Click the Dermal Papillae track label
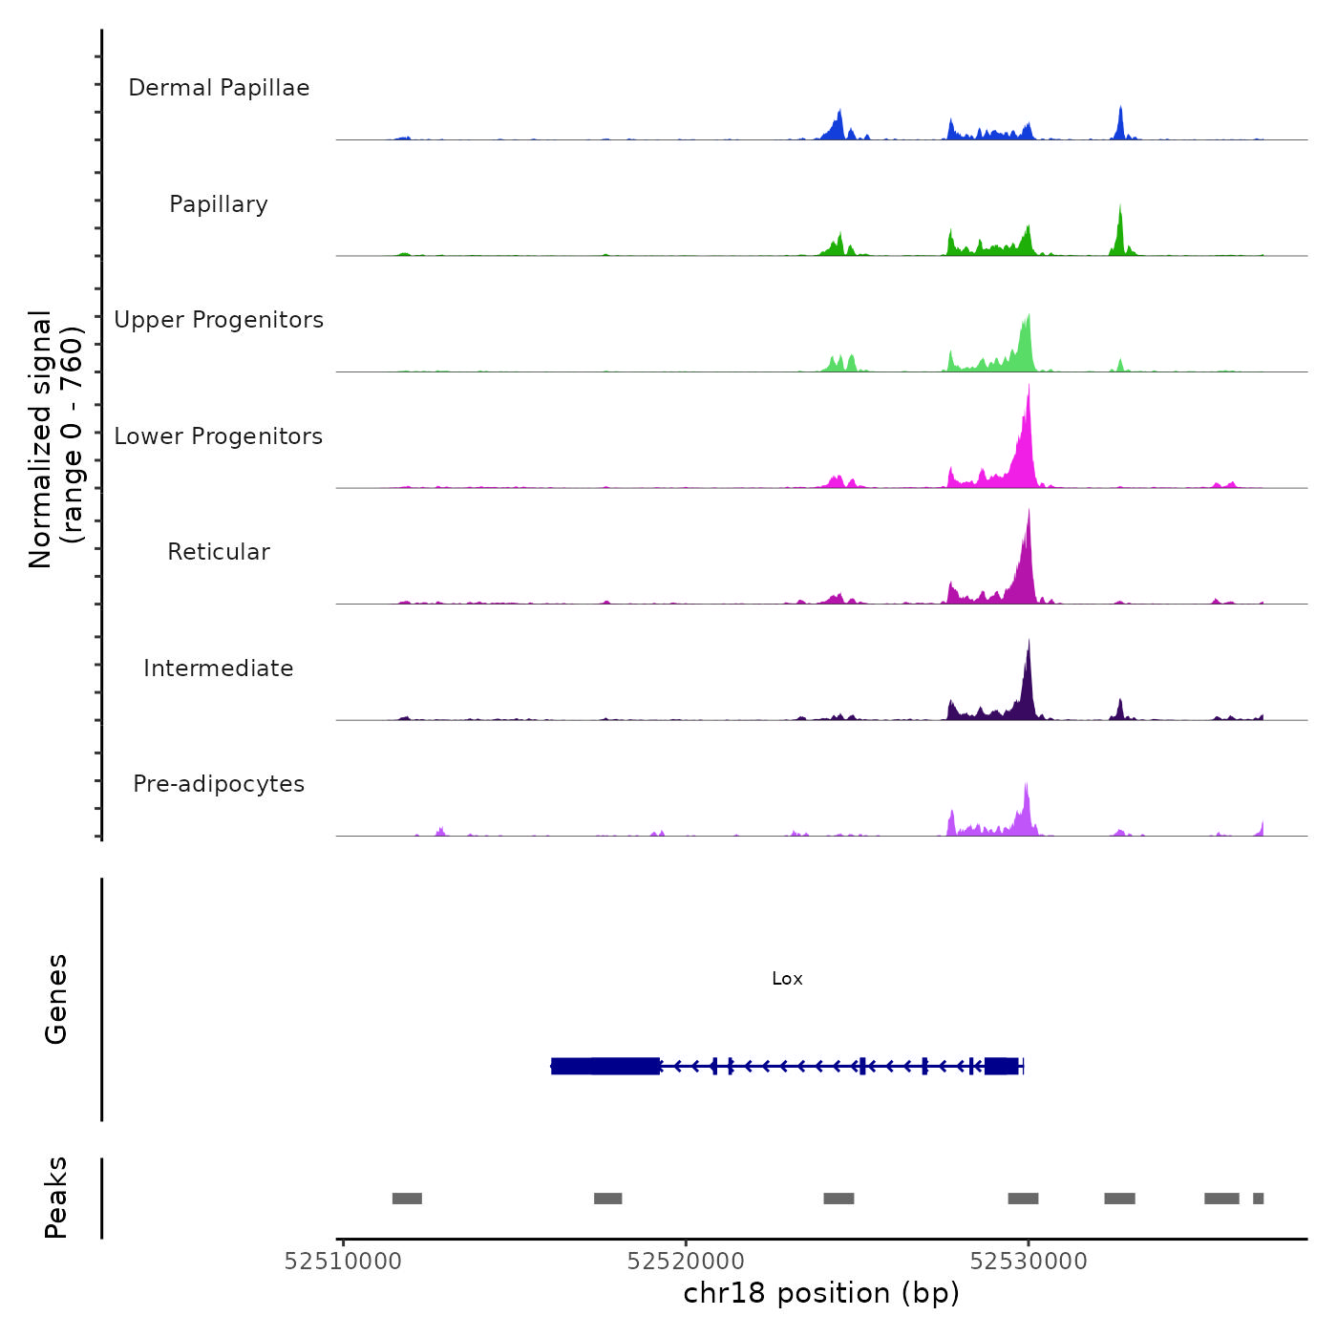pyautogui.click(x=219, y=88)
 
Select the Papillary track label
pyautogui.click(x=219, y=204)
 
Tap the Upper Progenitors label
pyautogui.click(x=219, y=320)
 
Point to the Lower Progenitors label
pyautogui.click(x=219, y=436)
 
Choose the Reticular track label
pyautogui.click(x=219, y=552)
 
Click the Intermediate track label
pyautogui.click(x=219, y=668)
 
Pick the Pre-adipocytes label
pyautogui.click(x=219, y=784)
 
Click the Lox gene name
pyautogui.click(x=787, y=979)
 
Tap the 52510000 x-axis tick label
pyautogui.click(x=343, y=1262)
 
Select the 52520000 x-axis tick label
pyautogui.click(x=686, y=1262)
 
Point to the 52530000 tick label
pyautogui.click(x=1029, y=1262)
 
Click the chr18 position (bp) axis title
pyautogui.click(x=821, y=1293)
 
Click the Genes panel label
pyautogui.click(x=56, y=999)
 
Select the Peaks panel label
pyautogui.click(x=56, y=1198)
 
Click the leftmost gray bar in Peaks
pyautogui.click(x=407, y=1199)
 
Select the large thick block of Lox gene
pyautogui.click(x=605, y=1066)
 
